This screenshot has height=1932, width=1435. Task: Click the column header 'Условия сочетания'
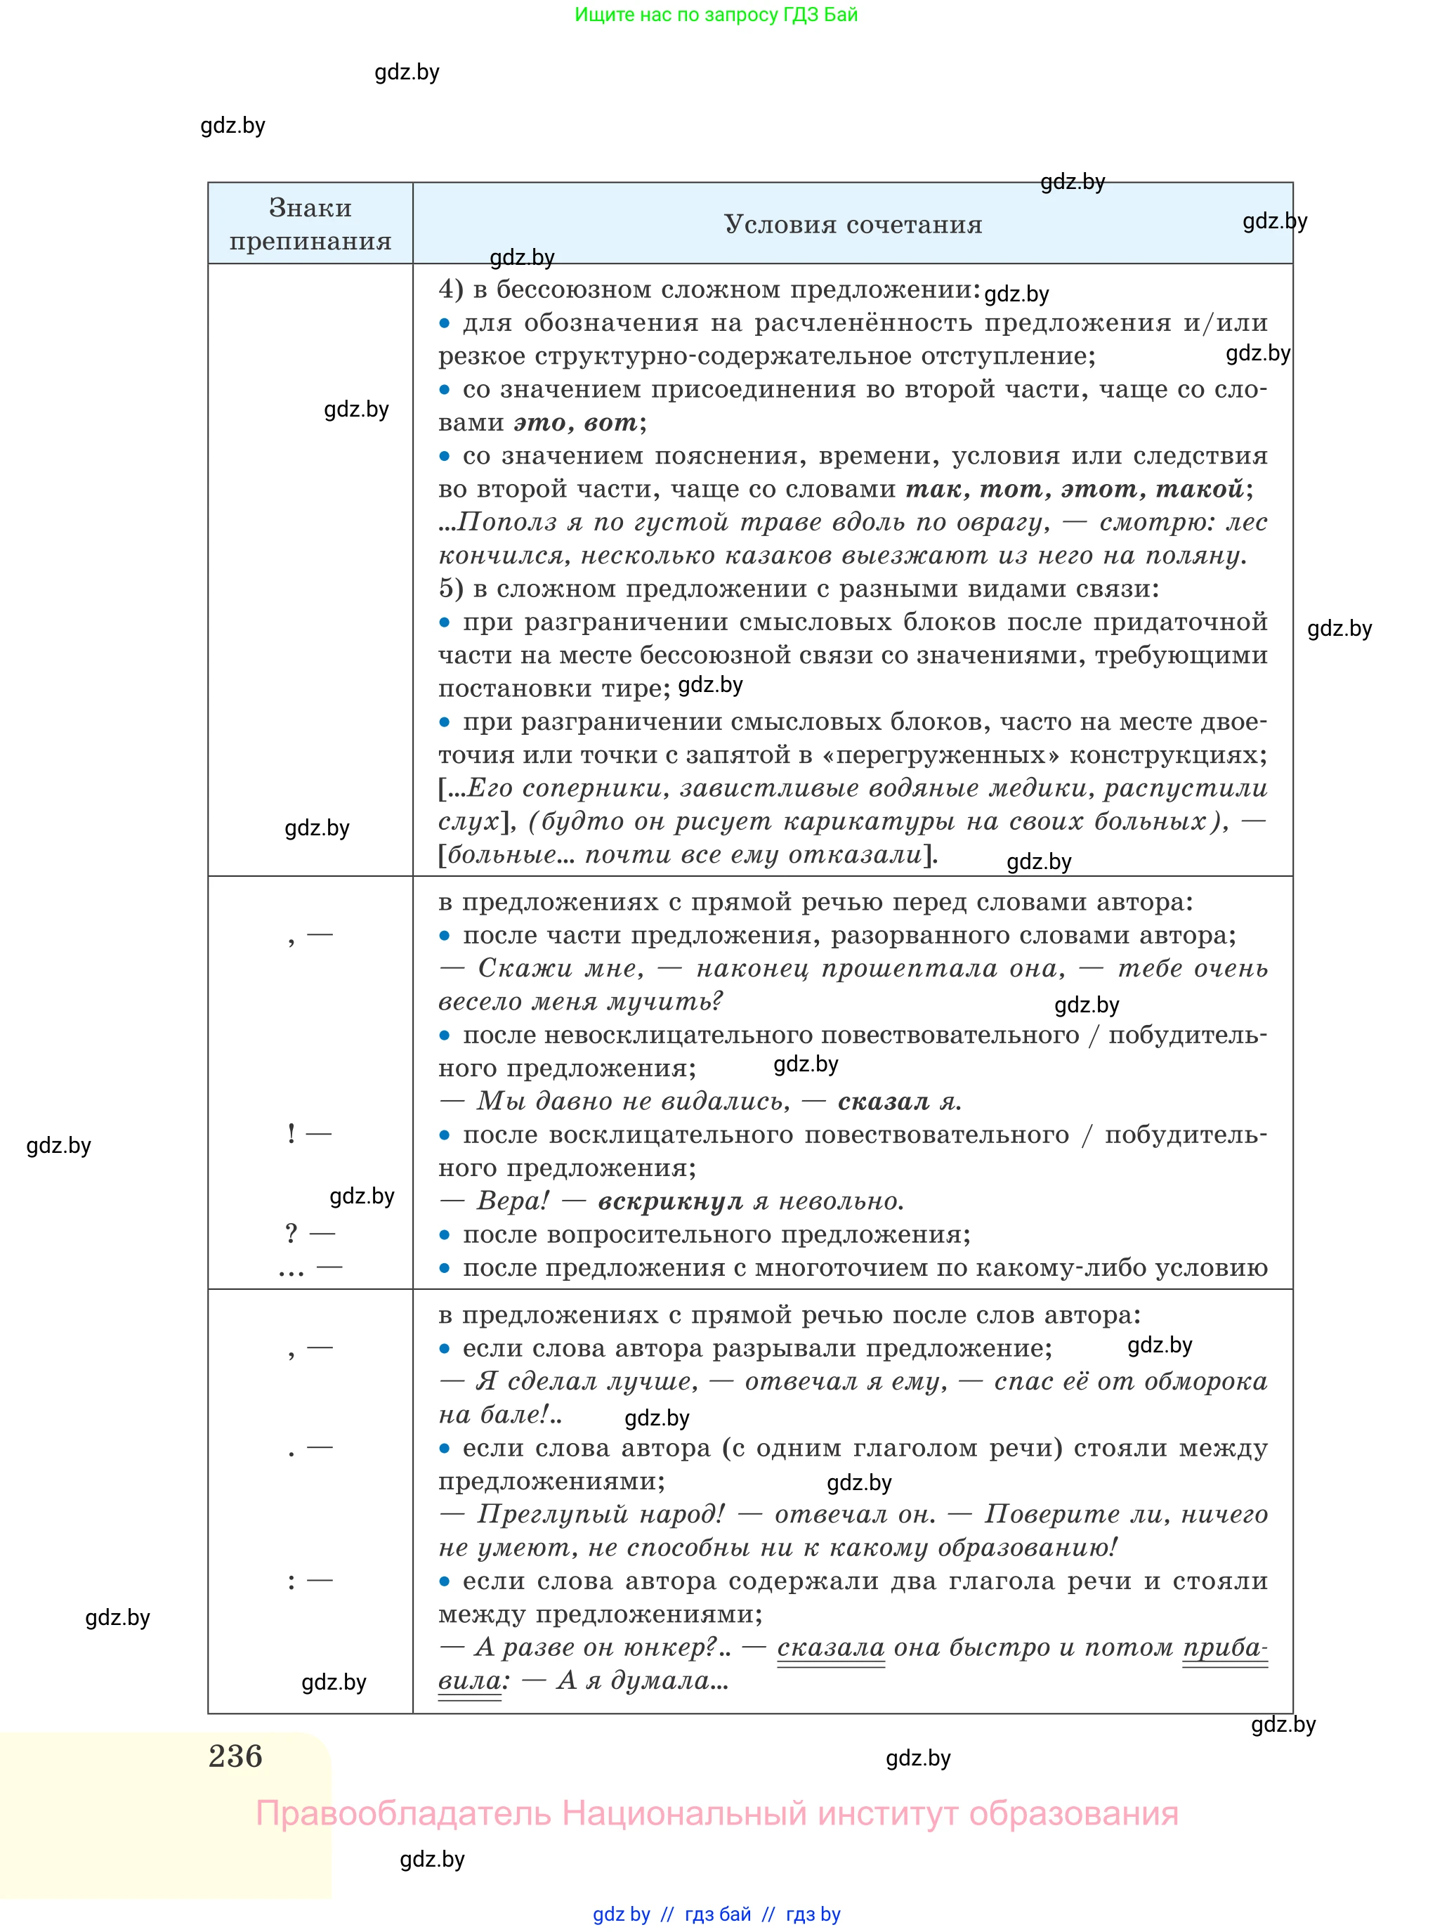pyautogui.click(x=852, y=225)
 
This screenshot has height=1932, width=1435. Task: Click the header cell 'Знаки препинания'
pyautogui.click(x=310, y=224)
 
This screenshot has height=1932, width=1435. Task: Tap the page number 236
pyautogui.click(x=235, y=1756)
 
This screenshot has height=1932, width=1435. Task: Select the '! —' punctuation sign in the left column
pyautogui.click(x=309, y=1134)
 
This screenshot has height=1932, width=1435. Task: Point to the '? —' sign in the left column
pyautogui.click(x=309, y=1234)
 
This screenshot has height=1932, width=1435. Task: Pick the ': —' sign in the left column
pyautogui.click(x=310, y=1581)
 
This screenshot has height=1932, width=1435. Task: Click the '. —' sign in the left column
pyautogui.click(x=310, y=1449)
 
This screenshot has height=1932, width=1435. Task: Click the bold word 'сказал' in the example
pyautogui.click(x=884, y=1102)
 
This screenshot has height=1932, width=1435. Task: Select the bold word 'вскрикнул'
pyautogui.click(x=669, y=1201)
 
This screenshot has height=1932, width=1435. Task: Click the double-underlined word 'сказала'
pyautogui.click(x=830, y=1648)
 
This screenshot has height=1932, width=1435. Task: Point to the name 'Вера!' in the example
pyautogui.click(x=513, y=1201)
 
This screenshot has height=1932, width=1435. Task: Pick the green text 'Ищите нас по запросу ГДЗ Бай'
pyautogui.click(x=716, y=15)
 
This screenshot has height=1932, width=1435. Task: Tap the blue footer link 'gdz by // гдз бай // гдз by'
pyautogui.click(x=716, y=1914)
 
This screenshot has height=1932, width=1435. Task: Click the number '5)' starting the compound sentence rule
pyautogui.click(x=451, y=589)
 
